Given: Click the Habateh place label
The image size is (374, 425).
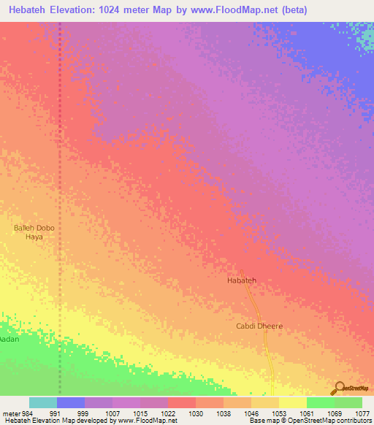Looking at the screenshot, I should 242,280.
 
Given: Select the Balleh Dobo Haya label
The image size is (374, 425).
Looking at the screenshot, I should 34,232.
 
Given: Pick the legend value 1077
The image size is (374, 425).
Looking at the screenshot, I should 362,413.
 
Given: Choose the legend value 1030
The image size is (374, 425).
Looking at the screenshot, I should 195,413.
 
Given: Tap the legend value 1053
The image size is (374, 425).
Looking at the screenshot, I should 278,413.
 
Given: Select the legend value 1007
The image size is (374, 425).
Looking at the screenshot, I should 112,413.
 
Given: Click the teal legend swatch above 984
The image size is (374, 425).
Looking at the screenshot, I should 43,402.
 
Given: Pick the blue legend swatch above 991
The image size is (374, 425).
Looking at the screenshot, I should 71,402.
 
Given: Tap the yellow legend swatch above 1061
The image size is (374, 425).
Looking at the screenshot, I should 292,402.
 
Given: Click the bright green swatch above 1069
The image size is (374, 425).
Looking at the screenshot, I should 320,402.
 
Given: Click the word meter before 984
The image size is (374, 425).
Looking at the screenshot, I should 12,413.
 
